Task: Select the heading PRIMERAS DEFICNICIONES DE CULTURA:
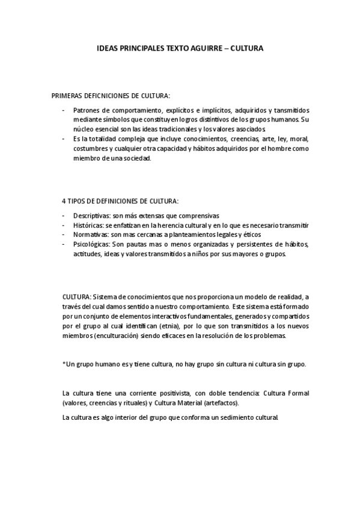pos(111,96)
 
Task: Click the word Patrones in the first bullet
pos(87,111)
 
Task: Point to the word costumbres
pos(91,148)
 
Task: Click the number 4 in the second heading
pos(64,200)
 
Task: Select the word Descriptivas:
pos(93,215)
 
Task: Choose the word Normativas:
pos(91,234)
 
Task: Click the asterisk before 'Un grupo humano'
pos(64,364)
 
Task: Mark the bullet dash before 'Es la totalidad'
pos(64,138)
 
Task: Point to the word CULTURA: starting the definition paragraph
pos(77,298)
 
